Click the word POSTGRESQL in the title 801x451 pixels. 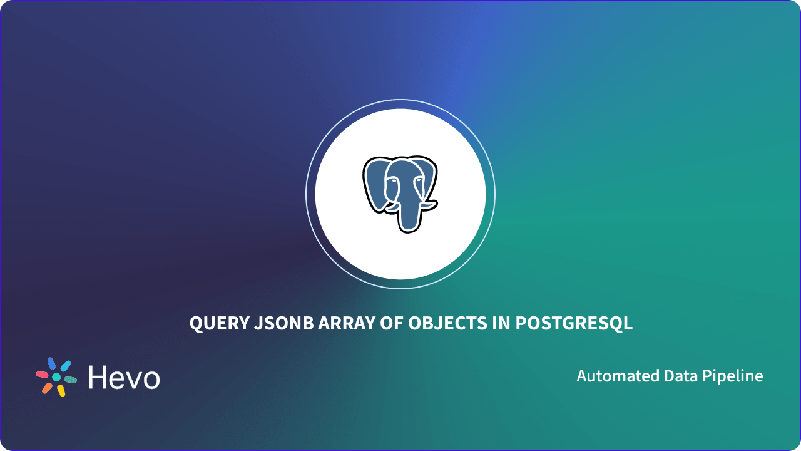[x=574, y=324]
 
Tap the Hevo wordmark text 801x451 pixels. [x=124, y=377]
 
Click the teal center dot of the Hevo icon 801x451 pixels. [x=56, y=377]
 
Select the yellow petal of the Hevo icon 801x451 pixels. [x=61, y=391]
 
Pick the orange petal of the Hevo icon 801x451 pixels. [x=47, y=388]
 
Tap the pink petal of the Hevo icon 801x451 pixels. [x=42, y=375]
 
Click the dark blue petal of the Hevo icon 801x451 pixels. [x=52, y=363]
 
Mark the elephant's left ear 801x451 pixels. [x=375, y=185]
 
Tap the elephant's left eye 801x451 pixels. [x=392, y=181]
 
